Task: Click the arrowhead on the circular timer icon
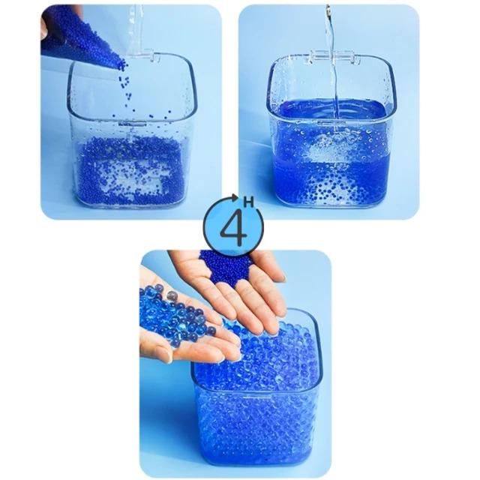(x=235, y=198)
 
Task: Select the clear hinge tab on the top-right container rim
(x=333, y=57)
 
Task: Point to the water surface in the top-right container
(x=332, y=109)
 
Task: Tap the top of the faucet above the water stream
(x=328, y=8)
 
